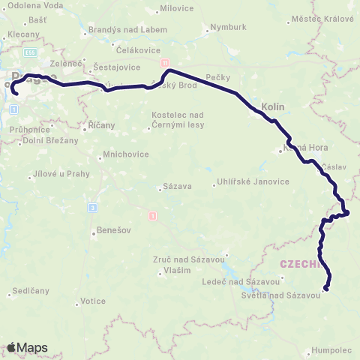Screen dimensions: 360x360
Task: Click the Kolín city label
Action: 274,107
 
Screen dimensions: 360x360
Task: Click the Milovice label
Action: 176,10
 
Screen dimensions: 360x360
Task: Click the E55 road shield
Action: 29,54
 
